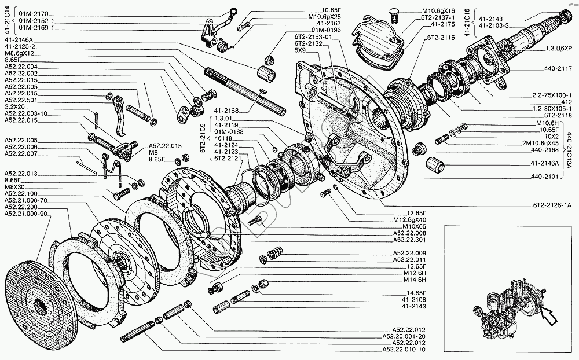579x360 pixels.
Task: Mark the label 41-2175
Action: click(x=442, y=25)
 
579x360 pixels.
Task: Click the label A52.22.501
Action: click(x=21, y=100)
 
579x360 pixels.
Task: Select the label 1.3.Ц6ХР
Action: click(x=558, y=50)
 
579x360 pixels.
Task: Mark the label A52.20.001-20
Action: click(x=404, y=336)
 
